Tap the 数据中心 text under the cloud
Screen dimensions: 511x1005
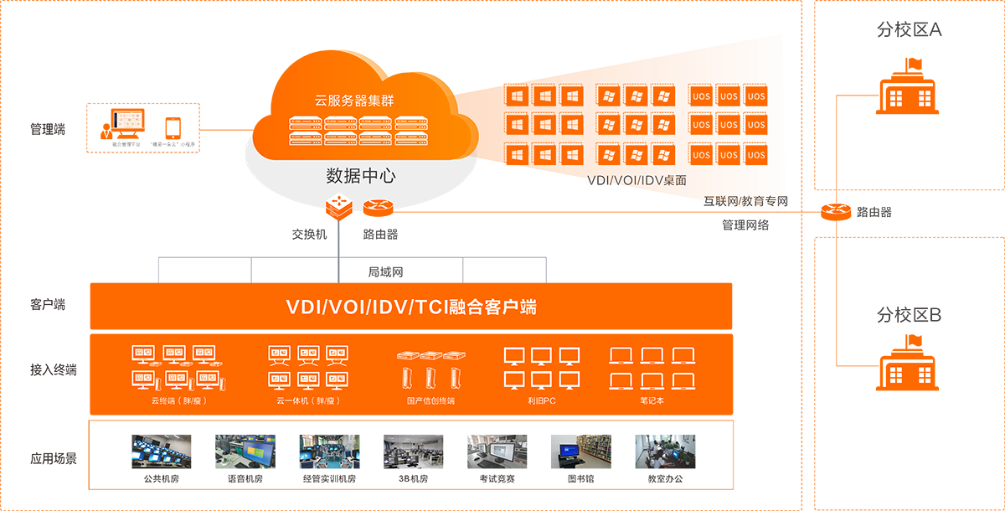click(x=360, y=176)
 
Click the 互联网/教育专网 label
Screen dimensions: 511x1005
click(x=748, y=201)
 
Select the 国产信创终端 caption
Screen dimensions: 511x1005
click(x=430, y=401)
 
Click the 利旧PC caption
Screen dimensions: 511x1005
click(x=542, y=401)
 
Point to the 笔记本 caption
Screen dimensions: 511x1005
click(x=652, y=401)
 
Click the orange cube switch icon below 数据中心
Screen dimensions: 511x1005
click(x=339, y=206)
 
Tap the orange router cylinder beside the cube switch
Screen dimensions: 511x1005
click(x=372, y=207)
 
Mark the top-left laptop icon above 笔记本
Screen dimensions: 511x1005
click(x=621, y=355)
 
